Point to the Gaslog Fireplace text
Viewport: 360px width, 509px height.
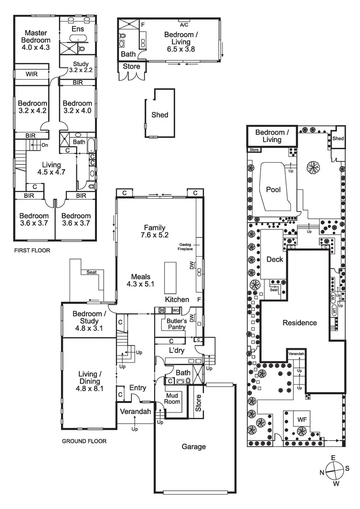click(x=185, y=246)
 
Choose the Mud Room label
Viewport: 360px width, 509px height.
click(x=172, y=399)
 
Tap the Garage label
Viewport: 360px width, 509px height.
click(x=193, y=447)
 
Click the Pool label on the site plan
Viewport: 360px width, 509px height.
click(x=273, y=189)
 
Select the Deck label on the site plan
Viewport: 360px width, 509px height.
click(x=275, y=260)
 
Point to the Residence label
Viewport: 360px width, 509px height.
click(x=300, y=323)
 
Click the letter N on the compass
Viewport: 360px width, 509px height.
click(x=322, y=473)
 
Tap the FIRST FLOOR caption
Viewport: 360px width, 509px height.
click(x=32, y=250)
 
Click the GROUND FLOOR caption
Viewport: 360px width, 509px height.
click(x=84, y=441)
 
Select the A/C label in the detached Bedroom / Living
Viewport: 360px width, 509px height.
click(x=184, y=24)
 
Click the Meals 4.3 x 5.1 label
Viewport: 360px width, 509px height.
click(x=141, y=280)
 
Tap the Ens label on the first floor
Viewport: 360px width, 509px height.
click(x=78, y=29)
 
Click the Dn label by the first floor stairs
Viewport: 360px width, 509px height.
click(x=45, y=145)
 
